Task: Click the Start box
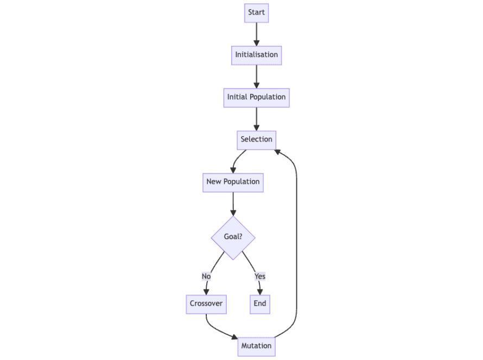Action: click(256, 12)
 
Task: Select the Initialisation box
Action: click(256, 55)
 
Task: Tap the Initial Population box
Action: click(256, 97)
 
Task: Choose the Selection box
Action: click(256, 139)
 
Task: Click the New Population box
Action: click(233, 182)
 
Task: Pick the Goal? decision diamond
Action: click(233, 237)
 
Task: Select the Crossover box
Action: click(206, 304)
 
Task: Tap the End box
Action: click(260, 304)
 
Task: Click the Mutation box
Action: click(256, 346)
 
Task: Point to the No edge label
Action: click(206, 276)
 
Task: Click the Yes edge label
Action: click(260, 276)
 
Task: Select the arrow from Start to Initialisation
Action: click(256, 34)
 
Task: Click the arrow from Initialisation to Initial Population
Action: click(256, 76)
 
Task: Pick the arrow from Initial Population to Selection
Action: click(256, 118)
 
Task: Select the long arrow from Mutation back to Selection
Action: click(296, 244)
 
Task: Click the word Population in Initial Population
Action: click(268, 97)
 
